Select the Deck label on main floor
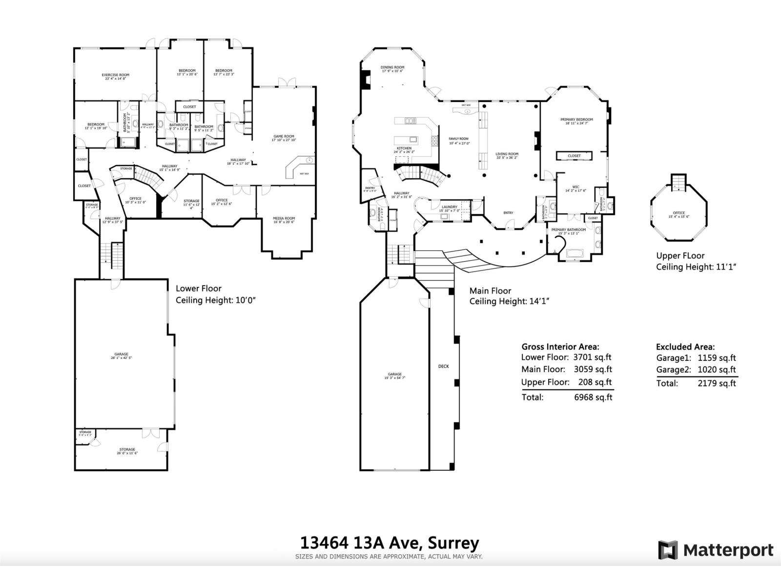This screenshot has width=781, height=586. (443, 366)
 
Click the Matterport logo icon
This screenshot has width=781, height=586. (668, 550)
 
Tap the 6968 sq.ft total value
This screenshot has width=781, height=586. (593, 397)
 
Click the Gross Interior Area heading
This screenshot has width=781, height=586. (560, 346)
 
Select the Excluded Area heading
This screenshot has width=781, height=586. (685, 347)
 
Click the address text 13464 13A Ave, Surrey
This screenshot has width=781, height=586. (390, 543)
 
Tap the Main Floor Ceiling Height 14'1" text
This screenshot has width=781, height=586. (509, 301)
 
